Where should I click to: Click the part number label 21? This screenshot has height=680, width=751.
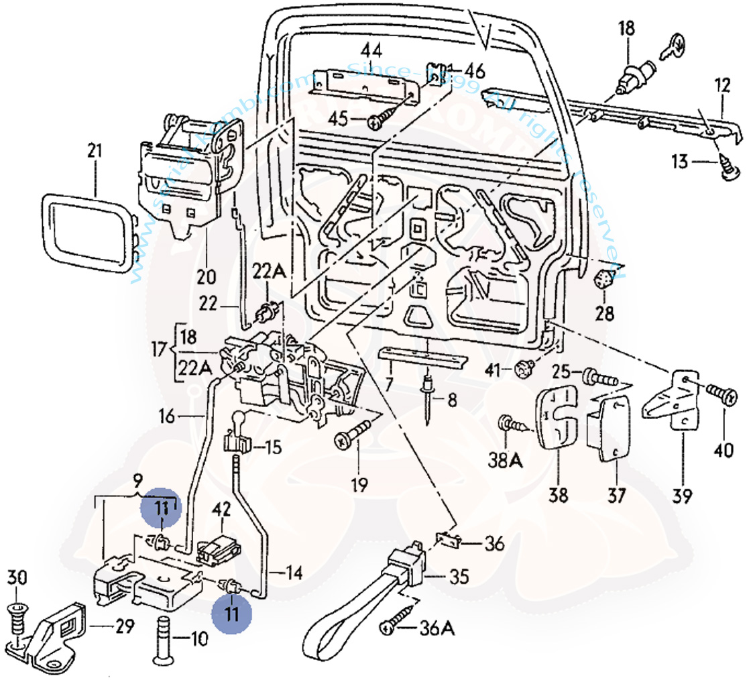tap(95, 152)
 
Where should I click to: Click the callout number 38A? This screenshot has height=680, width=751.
tap(514, 461)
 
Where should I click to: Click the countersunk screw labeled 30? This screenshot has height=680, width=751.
tap(18, 616)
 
